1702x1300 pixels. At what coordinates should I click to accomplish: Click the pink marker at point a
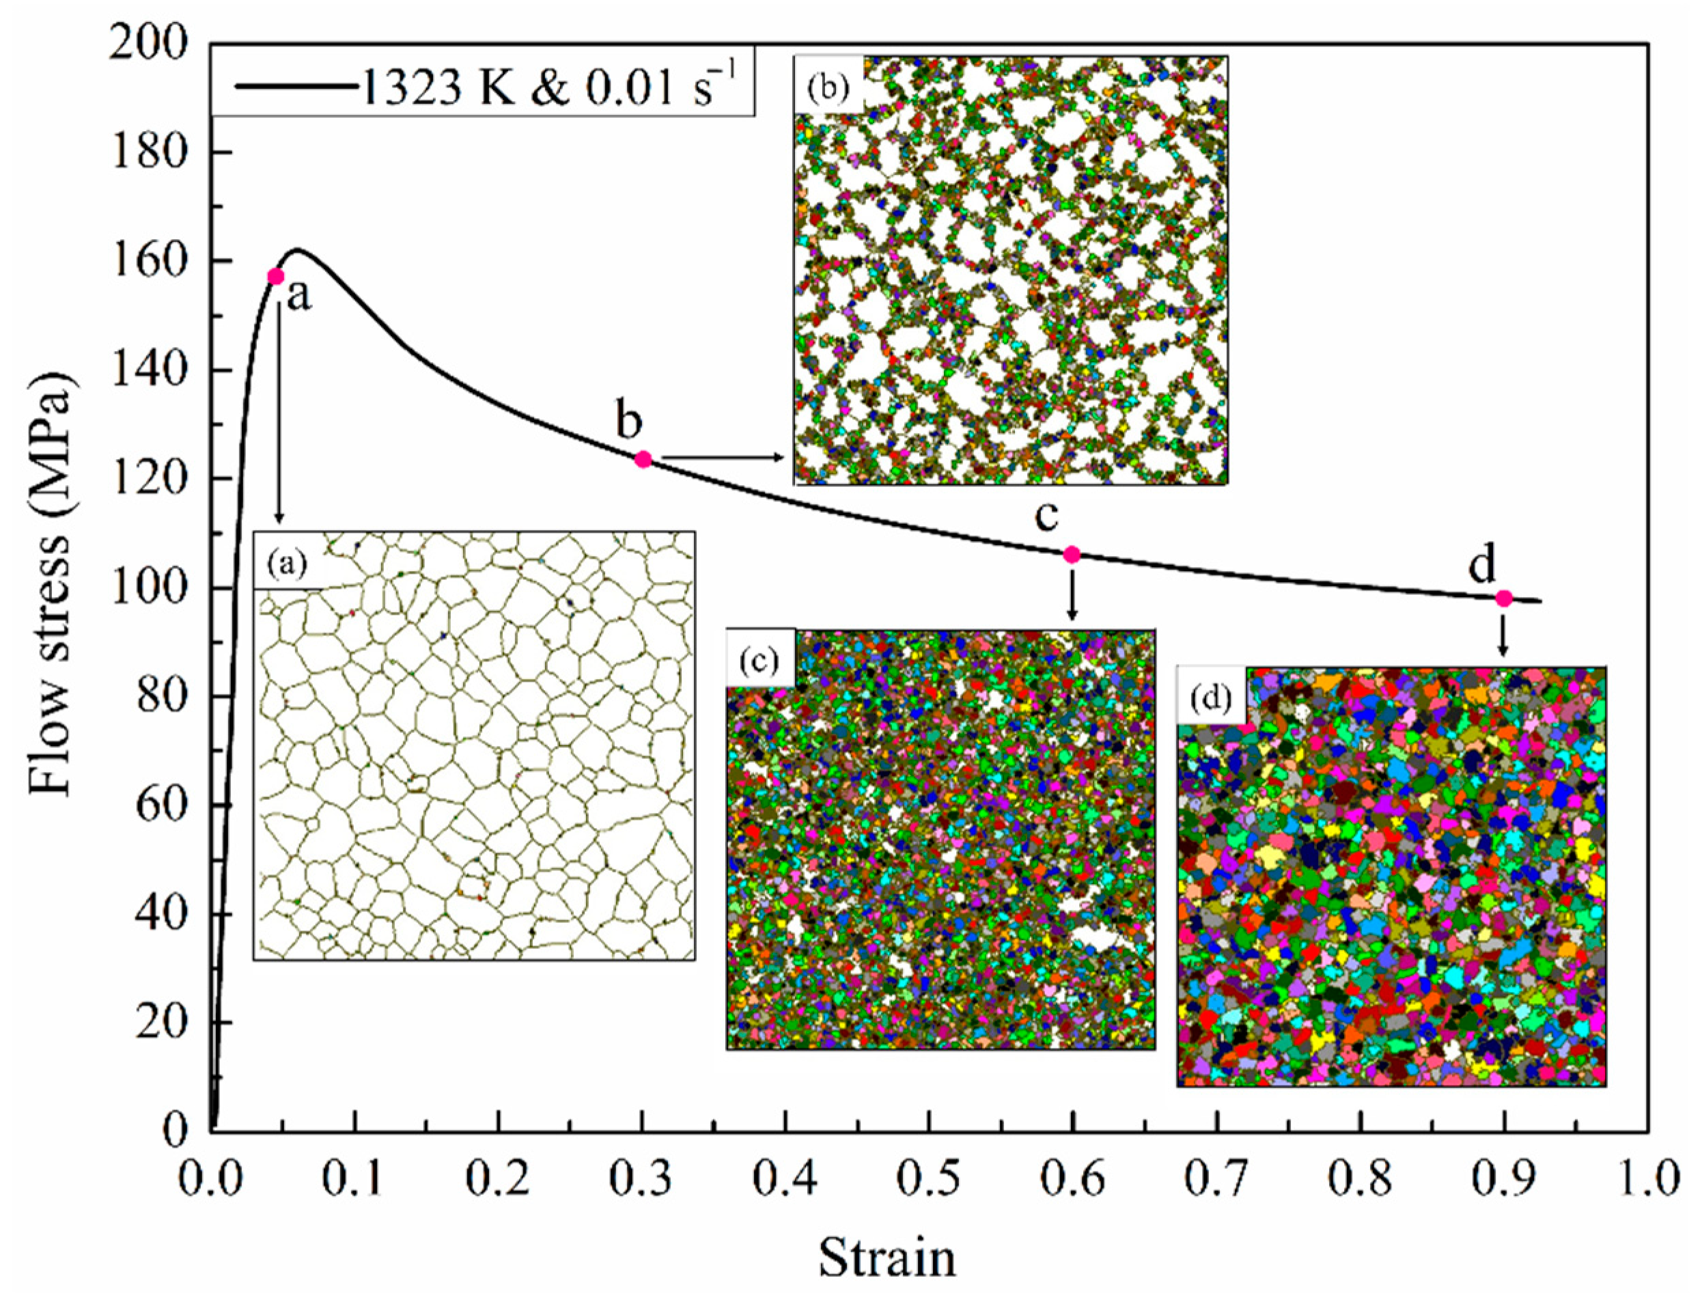[275, 276]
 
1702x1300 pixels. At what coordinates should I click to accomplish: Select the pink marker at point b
[643, 459]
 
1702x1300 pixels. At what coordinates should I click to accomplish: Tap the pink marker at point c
[1072, 554]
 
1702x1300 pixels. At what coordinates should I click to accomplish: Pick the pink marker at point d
[1503, 598]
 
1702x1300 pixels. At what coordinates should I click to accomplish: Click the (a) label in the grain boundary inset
[286, 563]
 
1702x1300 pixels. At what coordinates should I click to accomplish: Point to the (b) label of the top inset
[827, 87]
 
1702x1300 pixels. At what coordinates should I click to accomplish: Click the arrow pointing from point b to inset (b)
[723, 457]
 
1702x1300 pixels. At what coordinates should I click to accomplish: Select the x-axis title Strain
[887, 1258]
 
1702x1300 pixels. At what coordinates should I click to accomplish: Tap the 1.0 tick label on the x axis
[1645, 1179]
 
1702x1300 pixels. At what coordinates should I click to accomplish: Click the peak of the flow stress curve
[296, 250]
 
